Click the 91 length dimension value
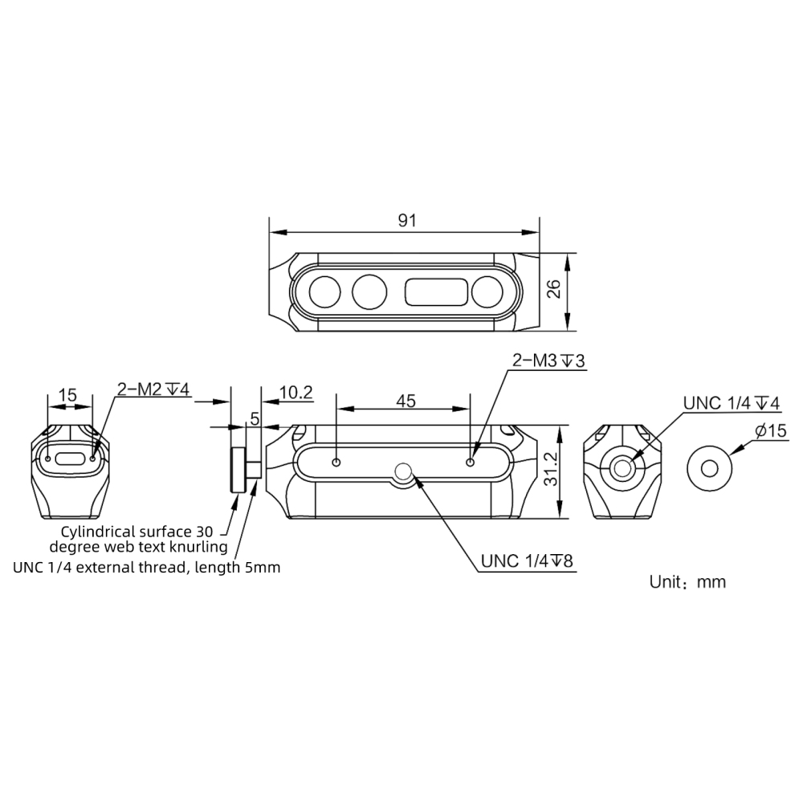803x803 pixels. coord(407,221)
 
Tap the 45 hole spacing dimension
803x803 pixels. coord(406,401)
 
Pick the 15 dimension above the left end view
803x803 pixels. coord(68,395)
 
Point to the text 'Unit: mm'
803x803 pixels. coord(687,581)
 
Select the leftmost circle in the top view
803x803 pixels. coord(325,291)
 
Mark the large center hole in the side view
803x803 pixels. coord(404,472)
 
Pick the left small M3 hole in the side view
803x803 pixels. coord(337,462)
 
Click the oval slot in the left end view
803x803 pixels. coord(71,459)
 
